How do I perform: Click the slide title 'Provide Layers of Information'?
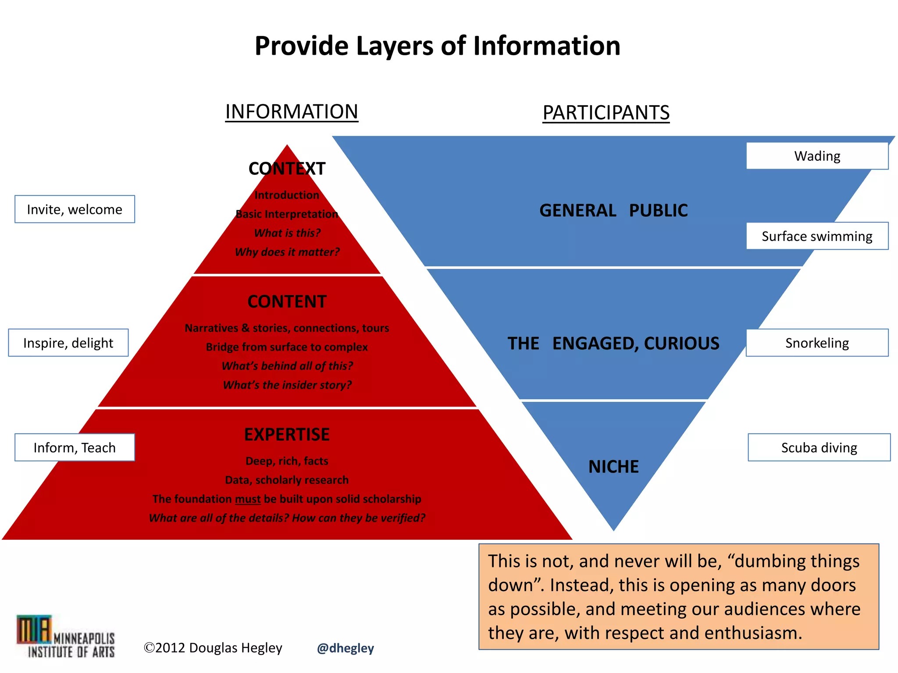[x=437, y=46]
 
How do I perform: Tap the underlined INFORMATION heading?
[x=292, y=112]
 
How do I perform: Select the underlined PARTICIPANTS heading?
[x=606, y=113]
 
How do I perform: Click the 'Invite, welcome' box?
[x=75, y=209]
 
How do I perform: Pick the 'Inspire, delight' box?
[x=68, y=343]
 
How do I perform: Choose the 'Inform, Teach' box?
[x=75, y=447]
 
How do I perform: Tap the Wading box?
[x=817, y=156]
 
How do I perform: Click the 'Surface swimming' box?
[x=817, y=236]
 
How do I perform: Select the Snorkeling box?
[x=817, y=343]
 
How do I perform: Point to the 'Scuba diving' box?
[x=819, y=447]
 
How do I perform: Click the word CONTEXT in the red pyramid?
[x=287, y=169]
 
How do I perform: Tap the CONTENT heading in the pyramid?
[x=287, y=301]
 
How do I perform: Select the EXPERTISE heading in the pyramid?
[x=287, y=435]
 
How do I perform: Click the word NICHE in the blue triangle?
[x=613, y=467]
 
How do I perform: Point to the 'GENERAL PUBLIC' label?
[x=613, y=210]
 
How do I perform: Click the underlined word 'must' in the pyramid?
[x=248, y=499]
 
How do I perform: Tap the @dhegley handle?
[x=346, y=648]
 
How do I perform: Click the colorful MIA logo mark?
[x=34, y=629]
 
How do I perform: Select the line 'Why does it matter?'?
[x=287, y=252]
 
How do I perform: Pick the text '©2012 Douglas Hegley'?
[x=213, y=648]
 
